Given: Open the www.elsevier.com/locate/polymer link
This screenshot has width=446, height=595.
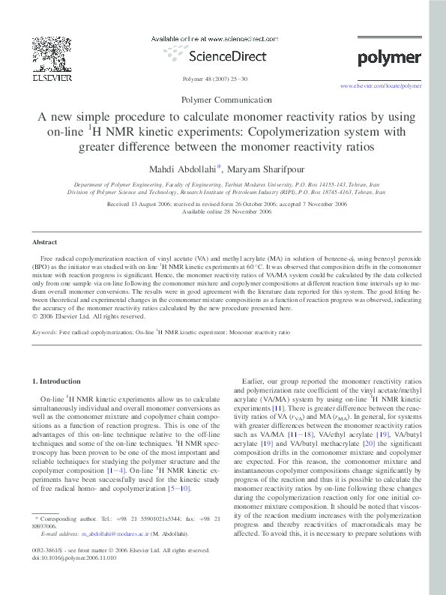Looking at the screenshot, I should [x=381, y=86].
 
